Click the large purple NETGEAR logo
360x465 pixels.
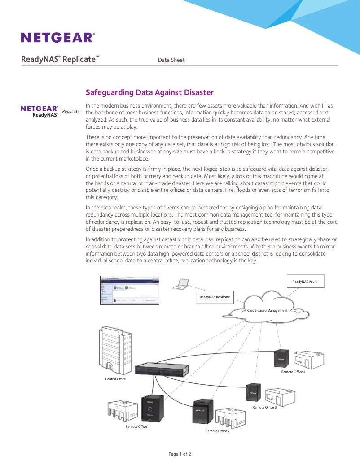click(57, 37)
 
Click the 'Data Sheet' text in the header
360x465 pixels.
click(171, 60)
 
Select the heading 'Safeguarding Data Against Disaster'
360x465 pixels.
click(149, 92)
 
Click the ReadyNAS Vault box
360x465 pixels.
click(305, 282)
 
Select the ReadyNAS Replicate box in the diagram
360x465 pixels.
click(215, 297)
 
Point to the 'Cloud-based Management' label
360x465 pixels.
click(267, 310)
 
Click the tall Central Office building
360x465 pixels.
click(115, 350)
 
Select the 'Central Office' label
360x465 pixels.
click(115, 379)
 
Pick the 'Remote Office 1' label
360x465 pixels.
click(137, 426)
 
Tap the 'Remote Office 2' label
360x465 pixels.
click(217, 431)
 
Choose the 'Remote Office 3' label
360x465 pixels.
click(264, 407)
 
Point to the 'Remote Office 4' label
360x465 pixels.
click(293, 372)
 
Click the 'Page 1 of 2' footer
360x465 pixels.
click(180, 454)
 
